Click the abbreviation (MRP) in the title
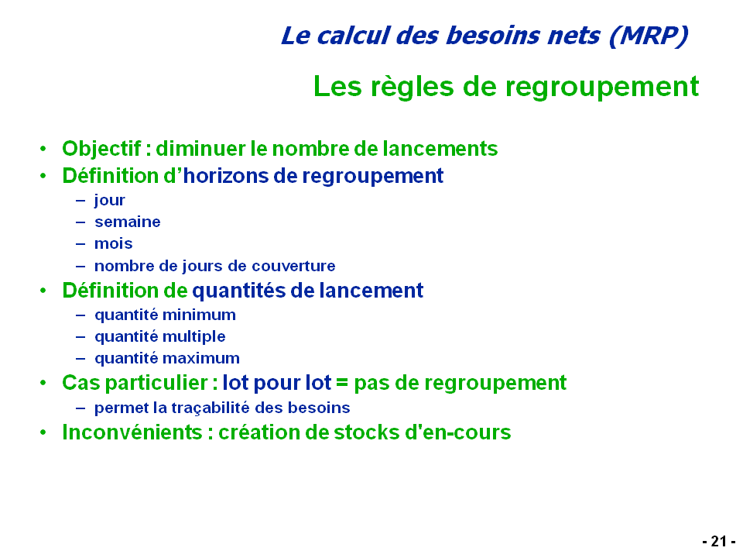[649, 36]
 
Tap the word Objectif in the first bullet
[102, 149]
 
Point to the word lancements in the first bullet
[440, 149]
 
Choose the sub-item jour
[109, 200]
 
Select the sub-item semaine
[128, 222]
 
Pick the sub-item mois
[113, 243]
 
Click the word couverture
[293, 266]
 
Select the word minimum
[199, 315]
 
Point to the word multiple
[193, 337]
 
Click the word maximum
[201, 358]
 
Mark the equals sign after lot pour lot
[342, 383]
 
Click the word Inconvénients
[132, 432]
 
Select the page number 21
[719, 542]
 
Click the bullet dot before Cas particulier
[43, 382]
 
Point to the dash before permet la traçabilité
[80, 408]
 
